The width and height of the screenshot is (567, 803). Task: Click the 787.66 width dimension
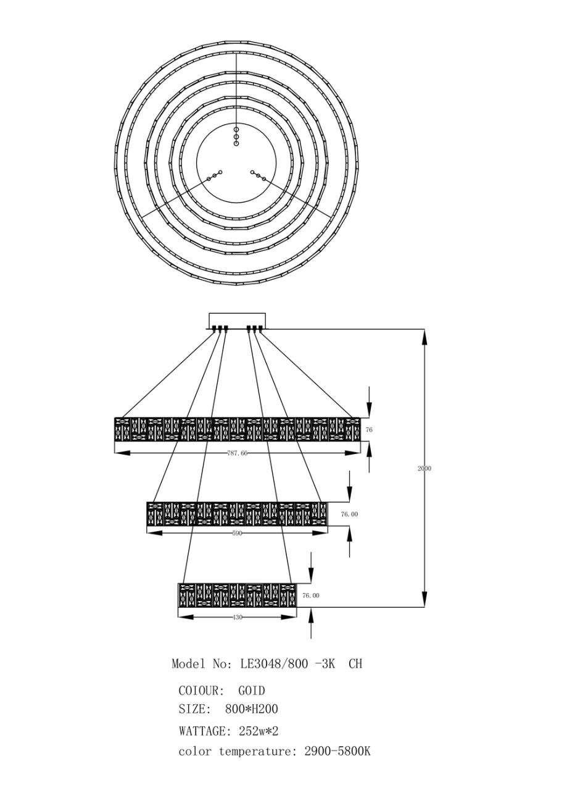click(x=237, y=453)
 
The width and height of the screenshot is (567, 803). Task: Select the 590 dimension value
click(x=237, y=533)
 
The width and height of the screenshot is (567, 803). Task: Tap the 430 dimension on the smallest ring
click(x=237, y=616)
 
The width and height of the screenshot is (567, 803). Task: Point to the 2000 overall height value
click(x=424, y=469)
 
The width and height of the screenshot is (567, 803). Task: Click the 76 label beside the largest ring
click(x=370, y=429)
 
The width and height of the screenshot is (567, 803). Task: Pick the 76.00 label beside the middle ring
click(x=349, y=514)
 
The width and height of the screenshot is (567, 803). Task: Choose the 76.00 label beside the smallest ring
click(x=311, y=595)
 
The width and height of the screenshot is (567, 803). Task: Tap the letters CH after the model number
click(x=355, y=664)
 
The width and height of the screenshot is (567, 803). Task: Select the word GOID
click(x=252, y=691)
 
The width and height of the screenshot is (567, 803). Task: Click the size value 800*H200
click(x=252, y=710)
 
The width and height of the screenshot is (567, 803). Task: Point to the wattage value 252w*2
click(x=259, y=731)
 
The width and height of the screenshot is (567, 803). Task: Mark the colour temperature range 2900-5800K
click(x=337, y=752)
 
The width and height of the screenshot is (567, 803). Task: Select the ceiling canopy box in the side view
click(x=237, y=319)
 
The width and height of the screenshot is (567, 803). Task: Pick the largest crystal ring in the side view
click(x=237, y=429)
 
